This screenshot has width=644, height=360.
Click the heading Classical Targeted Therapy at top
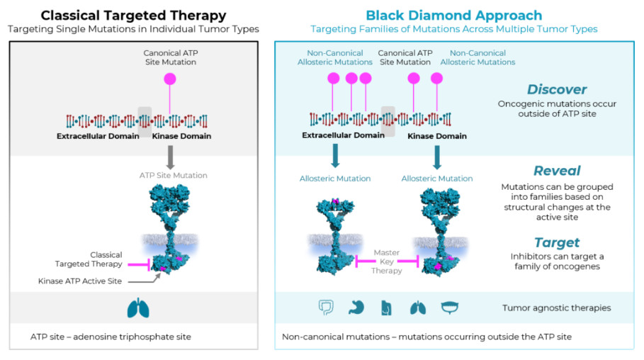point(133,15)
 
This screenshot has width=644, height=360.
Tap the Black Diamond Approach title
point(454,15)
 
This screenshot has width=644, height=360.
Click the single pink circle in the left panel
point(170,79)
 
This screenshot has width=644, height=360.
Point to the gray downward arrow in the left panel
point(170,157)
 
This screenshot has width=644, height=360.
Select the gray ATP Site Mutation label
point(174,176)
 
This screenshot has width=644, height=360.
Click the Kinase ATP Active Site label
point(80,281)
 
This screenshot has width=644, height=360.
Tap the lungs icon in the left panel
point(138,308)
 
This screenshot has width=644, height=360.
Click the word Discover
point(557,89)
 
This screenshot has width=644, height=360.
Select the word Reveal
point(557,171)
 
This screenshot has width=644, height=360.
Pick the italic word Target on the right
point(557,242)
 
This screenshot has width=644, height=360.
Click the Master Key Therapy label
point(387,261)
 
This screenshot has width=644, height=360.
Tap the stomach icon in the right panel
point(356,308)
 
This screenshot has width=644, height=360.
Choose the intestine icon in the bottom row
point(326,308)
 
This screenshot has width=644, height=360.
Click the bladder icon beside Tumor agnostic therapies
point(449,308)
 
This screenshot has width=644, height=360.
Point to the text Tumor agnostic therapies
point(557,308)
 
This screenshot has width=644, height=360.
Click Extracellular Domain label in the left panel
point(98,136)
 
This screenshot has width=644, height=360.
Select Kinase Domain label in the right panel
point(437,136)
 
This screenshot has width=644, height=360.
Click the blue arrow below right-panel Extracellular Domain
point(335,156)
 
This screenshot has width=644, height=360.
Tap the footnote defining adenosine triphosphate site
point(111,337)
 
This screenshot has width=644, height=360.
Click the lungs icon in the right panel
point(418,308)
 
